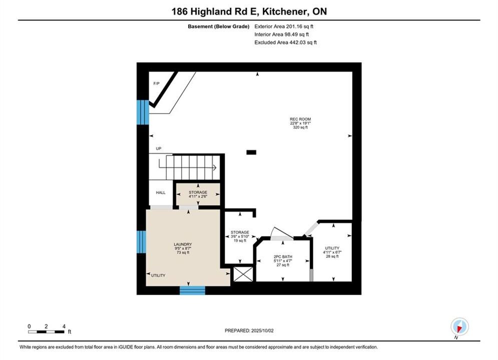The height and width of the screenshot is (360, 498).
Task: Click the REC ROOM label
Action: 300,119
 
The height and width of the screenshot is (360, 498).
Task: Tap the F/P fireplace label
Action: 157,83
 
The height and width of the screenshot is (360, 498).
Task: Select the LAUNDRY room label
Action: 183,244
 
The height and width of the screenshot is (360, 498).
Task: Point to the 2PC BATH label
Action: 283,256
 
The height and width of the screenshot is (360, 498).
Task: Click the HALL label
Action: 161,192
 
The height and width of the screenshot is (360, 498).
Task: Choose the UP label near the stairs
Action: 159,148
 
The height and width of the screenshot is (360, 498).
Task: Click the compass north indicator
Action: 459,326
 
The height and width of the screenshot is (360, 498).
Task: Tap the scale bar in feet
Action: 46,332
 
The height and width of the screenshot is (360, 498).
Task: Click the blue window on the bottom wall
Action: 193,290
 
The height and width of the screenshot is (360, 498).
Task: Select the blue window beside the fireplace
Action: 143,112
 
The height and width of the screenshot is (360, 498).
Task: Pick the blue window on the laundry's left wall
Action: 141,241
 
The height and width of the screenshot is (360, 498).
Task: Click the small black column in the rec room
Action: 251,152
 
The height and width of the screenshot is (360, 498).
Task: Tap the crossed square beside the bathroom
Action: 243,274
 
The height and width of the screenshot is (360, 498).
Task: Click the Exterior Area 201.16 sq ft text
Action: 284,26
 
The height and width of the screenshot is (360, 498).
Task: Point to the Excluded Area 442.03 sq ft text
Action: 285,42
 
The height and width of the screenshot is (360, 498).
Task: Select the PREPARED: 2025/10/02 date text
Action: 249,330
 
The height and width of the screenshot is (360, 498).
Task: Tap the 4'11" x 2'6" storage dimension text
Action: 198,196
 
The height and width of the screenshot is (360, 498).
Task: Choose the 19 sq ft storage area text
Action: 240,240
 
